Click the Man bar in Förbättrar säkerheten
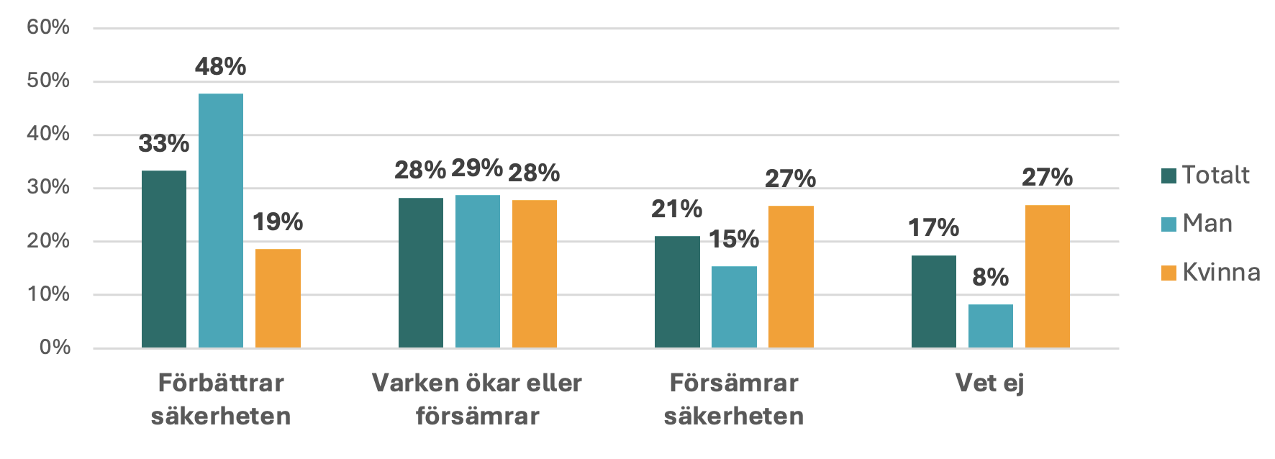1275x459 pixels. pos(221,221)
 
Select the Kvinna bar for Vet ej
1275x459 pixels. pos(1047,277)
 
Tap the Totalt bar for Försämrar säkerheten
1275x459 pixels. pos(677,292)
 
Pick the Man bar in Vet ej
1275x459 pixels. pos(991,326)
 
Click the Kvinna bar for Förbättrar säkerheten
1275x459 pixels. pos(278,299)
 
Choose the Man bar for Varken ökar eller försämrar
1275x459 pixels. pos(478,271)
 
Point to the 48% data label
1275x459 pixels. pos(221,67)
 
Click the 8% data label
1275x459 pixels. pos(991,278)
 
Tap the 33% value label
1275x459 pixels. pos(164,144)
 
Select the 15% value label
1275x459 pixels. pos(734,240)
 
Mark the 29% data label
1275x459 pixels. pos(477,168)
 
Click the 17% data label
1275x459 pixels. pos(933,228)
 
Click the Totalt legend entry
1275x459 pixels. pos(1206,175)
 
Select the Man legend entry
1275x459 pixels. pos(1197,224)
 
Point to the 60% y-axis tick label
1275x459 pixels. pos(48,27)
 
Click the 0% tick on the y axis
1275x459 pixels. pos(55,347)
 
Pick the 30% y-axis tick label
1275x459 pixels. pos(48,187)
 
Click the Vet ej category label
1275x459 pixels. pos(989,383)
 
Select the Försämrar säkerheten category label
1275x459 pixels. pos(734,399)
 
